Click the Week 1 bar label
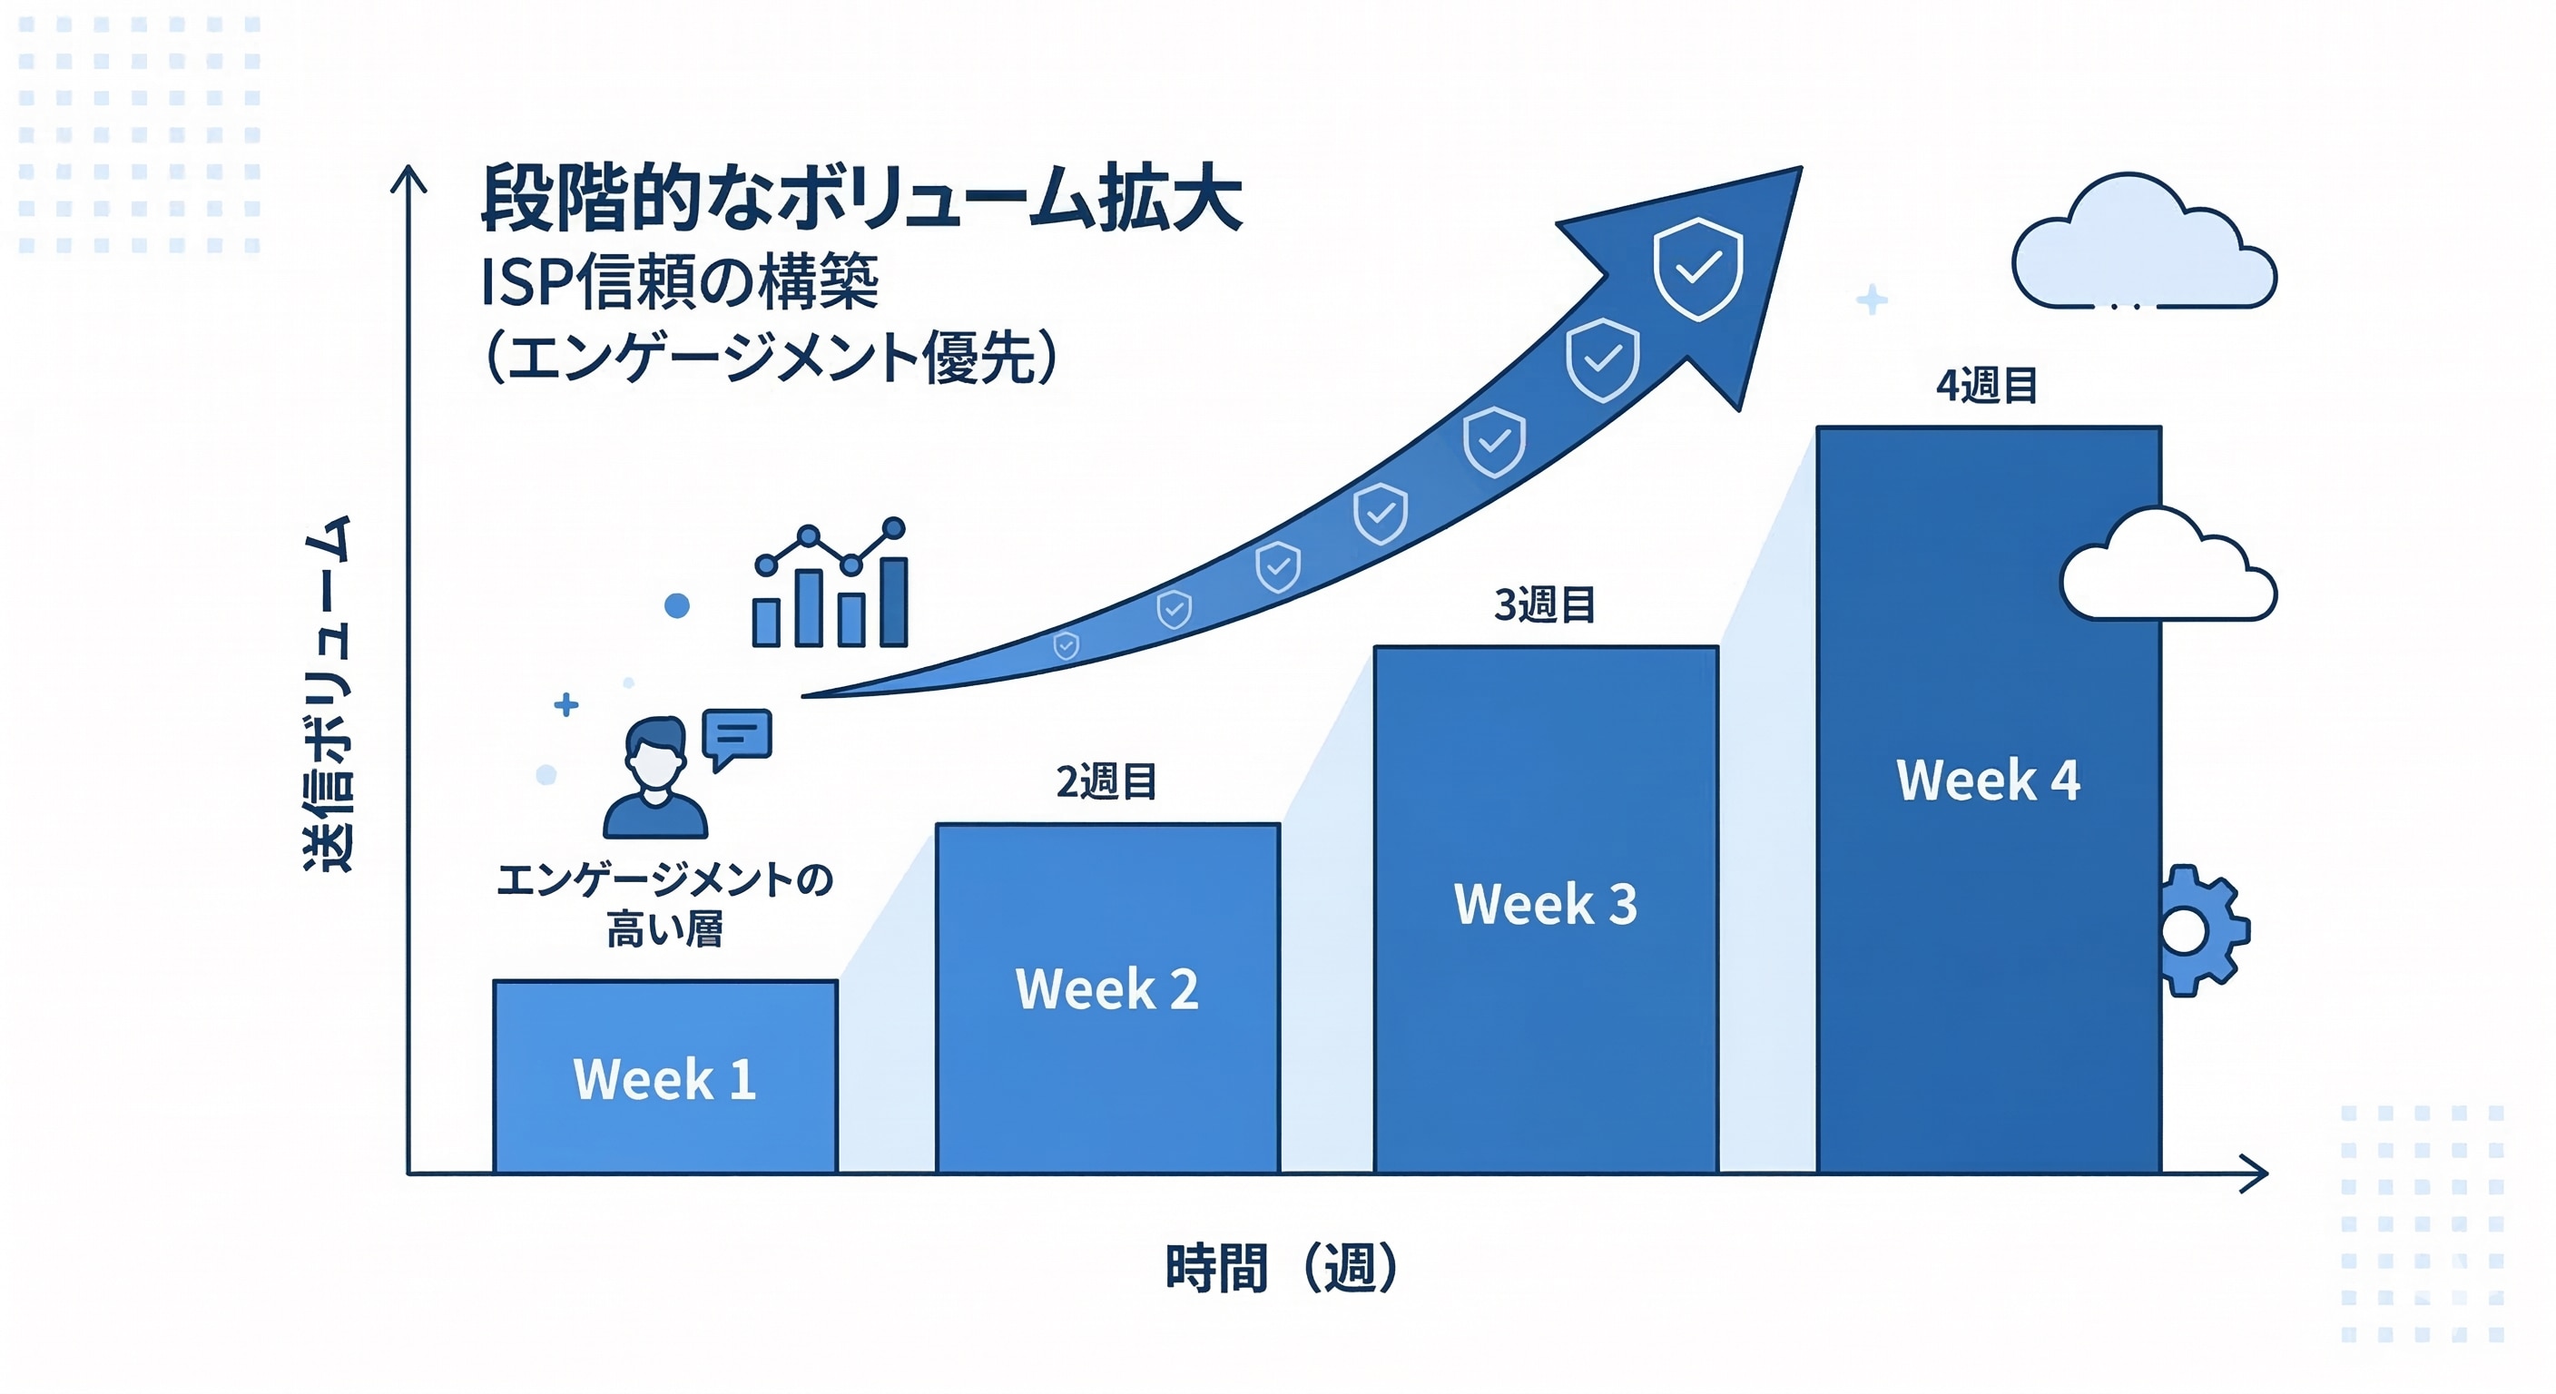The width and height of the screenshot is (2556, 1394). pos(664,1078)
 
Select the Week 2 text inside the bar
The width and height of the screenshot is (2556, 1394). pos(1106,988)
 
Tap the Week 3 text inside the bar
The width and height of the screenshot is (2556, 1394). pos(1545,904)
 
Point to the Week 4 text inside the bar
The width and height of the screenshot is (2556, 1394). pos(1989,780)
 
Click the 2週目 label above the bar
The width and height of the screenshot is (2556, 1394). pos(1106,781)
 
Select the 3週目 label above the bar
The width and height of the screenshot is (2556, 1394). pos(1545,604)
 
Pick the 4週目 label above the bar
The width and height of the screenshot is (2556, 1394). pos(1988,385)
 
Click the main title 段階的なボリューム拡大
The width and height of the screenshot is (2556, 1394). pos(861,199)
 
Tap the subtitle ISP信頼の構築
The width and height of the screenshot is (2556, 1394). pos(680,281)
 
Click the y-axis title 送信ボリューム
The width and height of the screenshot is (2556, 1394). pos(328,693)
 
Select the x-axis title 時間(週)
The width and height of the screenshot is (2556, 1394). pos(1282,1268)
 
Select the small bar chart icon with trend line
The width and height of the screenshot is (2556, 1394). pos(830,584)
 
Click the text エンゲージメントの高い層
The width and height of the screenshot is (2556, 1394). pos(664,904)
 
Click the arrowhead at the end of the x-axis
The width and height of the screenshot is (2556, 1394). pos(2255,1173)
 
